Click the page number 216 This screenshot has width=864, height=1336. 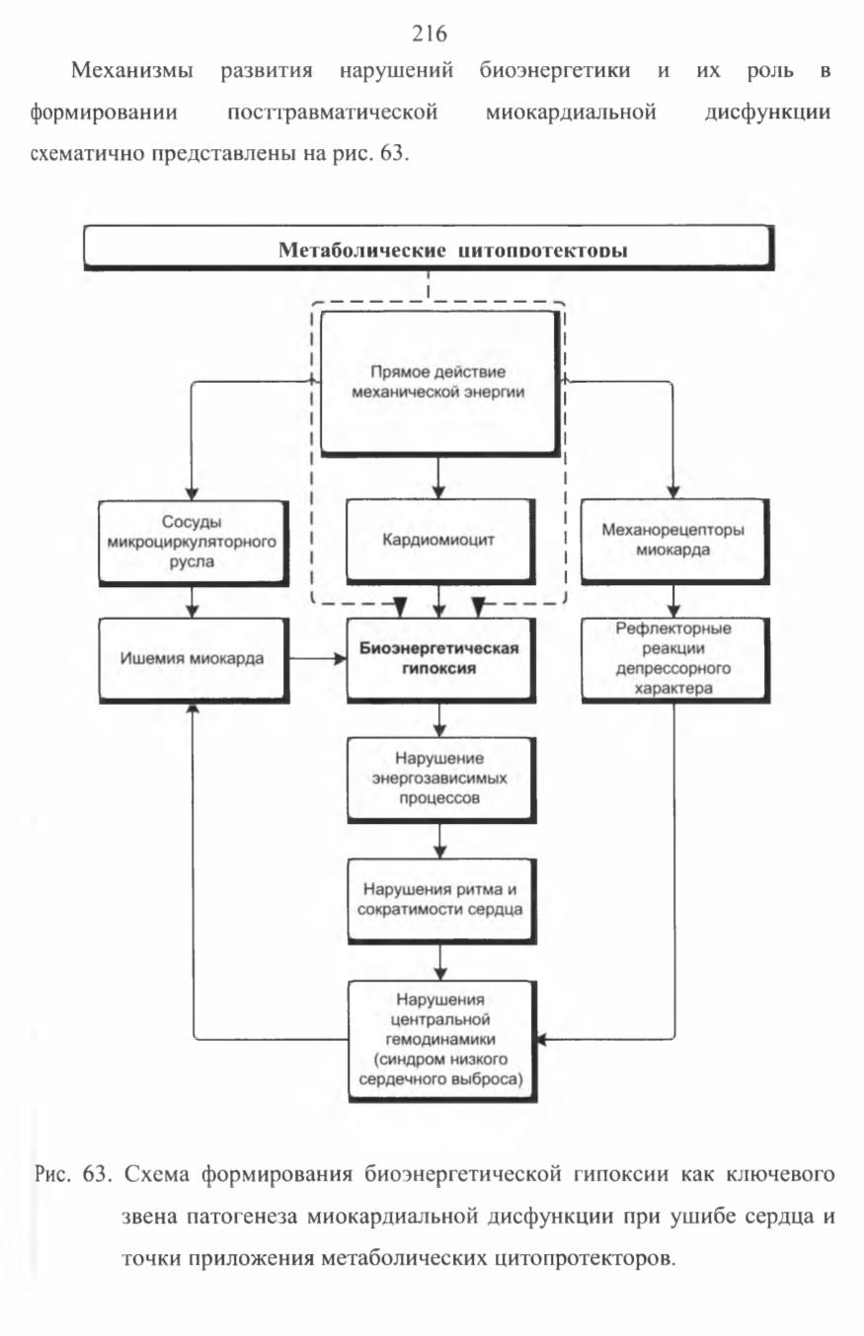pos(429,34)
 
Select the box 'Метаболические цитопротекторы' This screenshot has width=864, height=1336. pos(429,248)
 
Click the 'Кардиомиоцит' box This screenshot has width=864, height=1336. pos(438,541)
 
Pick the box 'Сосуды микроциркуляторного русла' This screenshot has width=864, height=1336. pos(193,542)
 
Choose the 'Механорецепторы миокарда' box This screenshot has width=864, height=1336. pos(673,541)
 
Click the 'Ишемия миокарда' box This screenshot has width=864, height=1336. pos(193,659)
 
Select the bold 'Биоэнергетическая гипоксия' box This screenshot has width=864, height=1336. pos(439,658)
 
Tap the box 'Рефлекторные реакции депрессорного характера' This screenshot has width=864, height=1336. pos(674,659)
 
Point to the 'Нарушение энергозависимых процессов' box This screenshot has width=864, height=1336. pos(440,779)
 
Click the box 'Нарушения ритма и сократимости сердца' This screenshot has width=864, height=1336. pos(440,900)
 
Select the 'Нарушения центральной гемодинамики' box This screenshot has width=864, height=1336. pos(441,1040)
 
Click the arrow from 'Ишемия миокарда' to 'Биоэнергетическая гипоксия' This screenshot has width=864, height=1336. pos(317,658)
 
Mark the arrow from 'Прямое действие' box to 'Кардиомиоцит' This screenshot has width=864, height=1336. pos(438,478)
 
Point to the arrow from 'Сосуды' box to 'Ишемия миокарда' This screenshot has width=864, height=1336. pos(193,601)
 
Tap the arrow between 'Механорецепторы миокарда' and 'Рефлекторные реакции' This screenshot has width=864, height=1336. pos(673,601)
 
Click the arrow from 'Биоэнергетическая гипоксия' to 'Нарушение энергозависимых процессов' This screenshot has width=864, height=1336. pos(439,719)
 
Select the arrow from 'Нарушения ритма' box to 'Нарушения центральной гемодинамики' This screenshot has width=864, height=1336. pos(440,962)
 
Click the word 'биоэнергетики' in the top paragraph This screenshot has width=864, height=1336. pos(555,71)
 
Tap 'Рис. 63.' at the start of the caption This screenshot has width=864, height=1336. pos(72,1174)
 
